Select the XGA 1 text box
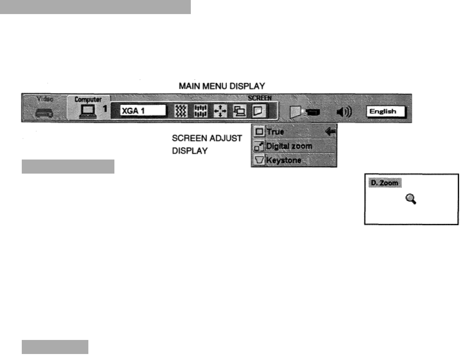(x=143, y=111)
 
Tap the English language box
(x=386, y=112)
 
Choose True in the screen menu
(x=275, y=132)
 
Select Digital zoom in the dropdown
(x=289, y=146)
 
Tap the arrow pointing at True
(x=330, y=132)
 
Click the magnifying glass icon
(x=411, y=199)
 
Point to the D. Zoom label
(x=384, y=183)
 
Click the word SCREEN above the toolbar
(x=257, y=98)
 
